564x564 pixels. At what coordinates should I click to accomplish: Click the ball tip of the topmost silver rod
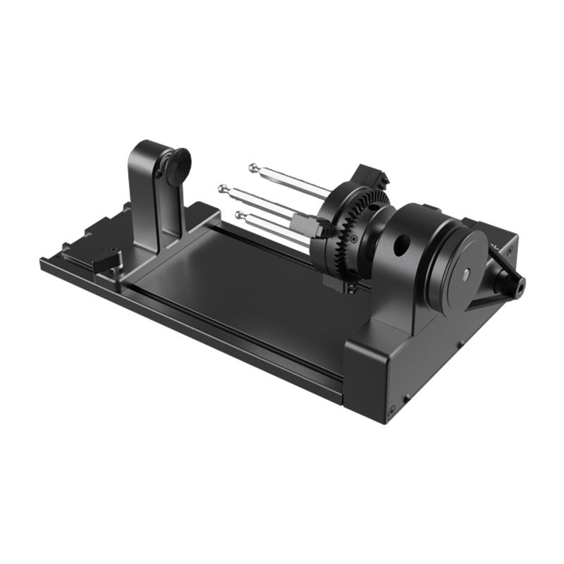click(x=252, y=167)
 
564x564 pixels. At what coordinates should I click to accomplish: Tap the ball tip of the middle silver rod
click(x=223, y=188)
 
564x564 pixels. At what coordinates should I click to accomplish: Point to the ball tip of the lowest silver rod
click(x=240, y=214)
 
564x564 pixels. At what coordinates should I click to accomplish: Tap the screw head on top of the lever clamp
click(x=112, y=251)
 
